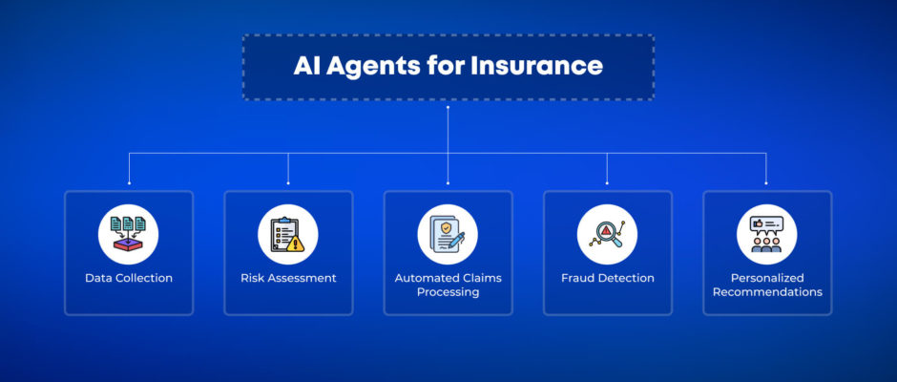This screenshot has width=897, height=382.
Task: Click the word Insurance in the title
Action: pyautogui.click(x=536, y=66)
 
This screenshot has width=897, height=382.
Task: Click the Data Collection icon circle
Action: pyautogui.click(x=128, y=234)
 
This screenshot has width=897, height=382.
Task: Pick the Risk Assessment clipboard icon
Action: pyautogui.click(x=288, y=234)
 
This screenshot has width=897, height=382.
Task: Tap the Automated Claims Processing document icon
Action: pyautogui.click(x=448, y=234)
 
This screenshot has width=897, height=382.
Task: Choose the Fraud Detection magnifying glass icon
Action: pyautogui.click(x=607, y=234)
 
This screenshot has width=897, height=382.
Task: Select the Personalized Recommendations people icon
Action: pyautogui.click(x=766, y=234)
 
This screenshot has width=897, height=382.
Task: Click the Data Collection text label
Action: pyautogui.click(x=129, y=278)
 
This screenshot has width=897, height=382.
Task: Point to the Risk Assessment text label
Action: pyautogui.click(x=288, y=278)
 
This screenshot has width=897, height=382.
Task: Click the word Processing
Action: pyautogui.click(x=448, y=292)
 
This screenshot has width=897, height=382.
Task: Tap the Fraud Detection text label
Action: pyautogui.click(x=608, y=278)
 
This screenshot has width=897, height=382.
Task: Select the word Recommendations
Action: pyautogui.click(x=767, y=292)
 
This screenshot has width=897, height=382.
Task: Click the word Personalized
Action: pyautogui.click(x=767, y=278)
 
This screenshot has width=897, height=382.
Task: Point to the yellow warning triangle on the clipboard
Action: pyautogui.click(x=296, y=244)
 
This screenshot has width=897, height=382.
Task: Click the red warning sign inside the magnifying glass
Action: pyautogui.click(x=606, y=230)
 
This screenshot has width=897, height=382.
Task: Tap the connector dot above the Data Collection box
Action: pyautogui.click(x=129, y=183)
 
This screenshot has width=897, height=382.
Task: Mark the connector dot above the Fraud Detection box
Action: pyautogui.click(x=607, y=183)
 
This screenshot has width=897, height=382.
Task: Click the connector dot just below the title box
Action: pyautogui.click(x=448, y=107)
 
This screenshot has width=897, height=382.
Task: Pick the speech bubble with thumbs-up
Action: pyautogui.click(x=766, y=224)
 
